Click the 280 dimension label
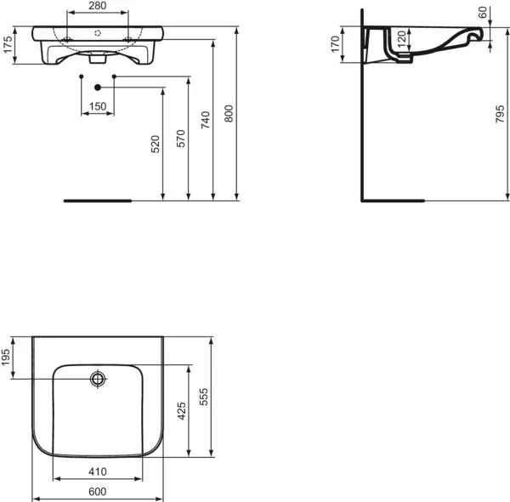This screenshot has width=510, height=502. pos(98,7)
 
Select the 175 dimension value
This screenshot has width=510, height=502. pos(8,46)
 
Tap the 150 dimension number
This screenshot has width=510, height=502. pos(98,106)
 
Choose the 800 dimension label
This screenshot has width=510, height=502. pos(228,114)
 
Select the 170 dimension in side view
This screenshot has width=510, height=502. pos(335,46)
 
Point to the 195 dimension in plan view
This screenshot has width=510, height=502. pos(8,358)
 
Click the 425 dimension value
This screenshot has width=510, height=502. pos(181,412)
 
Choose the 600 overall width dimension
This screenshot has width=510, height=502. pos(98,492)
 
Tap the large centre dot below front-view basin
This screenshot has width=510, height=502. pos(98,87)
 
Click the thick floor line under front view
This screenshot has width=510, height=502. pos(98,201)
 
